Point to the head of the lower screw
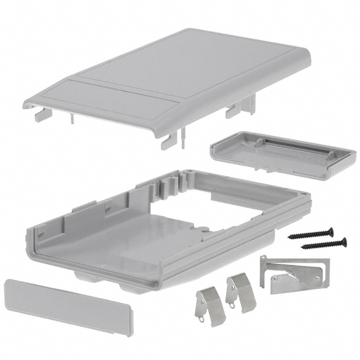tap(343, 242)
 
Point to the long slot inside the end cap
tap(292, 146)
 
